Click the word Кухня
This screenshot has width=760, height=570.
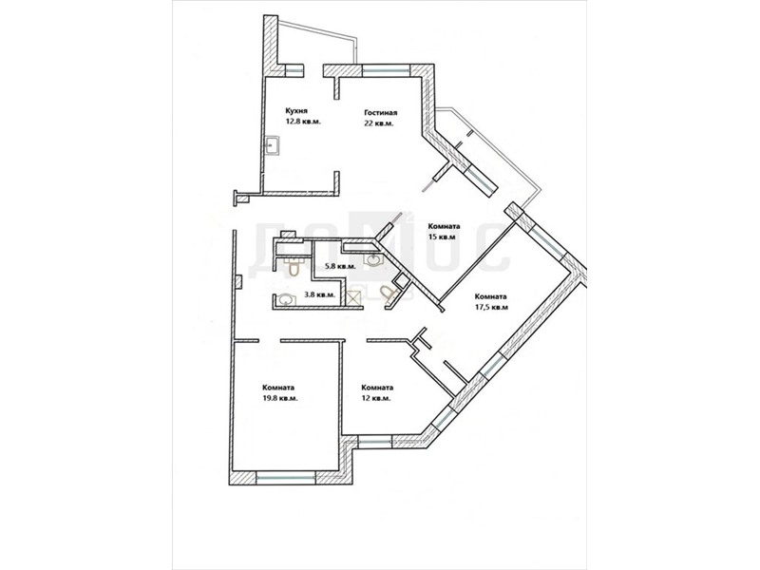point(296,110)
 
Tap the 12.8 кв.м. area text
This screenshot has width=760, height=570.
point(303,122)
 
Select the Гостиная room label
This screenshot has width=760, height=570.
point(381,113)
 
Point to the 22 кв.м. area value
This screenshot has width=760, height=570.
point(378,123)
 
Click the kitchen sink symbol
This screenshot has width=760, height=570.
point(272,145)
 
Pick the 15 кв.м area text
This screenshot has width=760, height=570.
point(442,237)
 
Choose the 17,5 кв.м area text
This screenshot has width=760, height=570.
point(491,307)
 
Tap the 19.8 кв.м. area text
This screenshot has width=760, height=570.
point(279,398)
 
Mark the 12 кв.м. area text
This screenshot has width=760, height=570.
point(375,398)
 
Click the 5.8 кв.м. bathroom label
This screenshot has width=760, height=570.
point(341,266)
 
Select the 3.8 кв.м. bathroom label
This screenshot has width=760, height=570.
point(319,294)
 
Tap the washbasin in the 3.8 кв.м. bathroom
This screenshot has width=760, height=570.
point(285,300)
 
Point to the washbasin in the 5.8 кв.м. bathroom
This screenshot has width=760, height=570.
point(373,260)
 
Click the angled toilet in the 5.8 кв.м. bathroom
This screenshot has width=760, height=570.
point(389,294)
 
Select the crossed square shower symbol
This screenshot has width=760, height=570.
point(355,297)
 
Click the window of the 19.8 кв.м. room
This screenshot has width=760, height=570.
point(286,478)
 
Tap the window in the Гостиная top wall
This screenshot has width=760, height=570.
point(387,70)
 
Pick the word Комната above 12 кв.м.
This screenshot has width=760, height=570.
point(377,388)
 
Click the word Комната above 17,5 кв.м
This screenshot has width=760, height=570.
point(490,296)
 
